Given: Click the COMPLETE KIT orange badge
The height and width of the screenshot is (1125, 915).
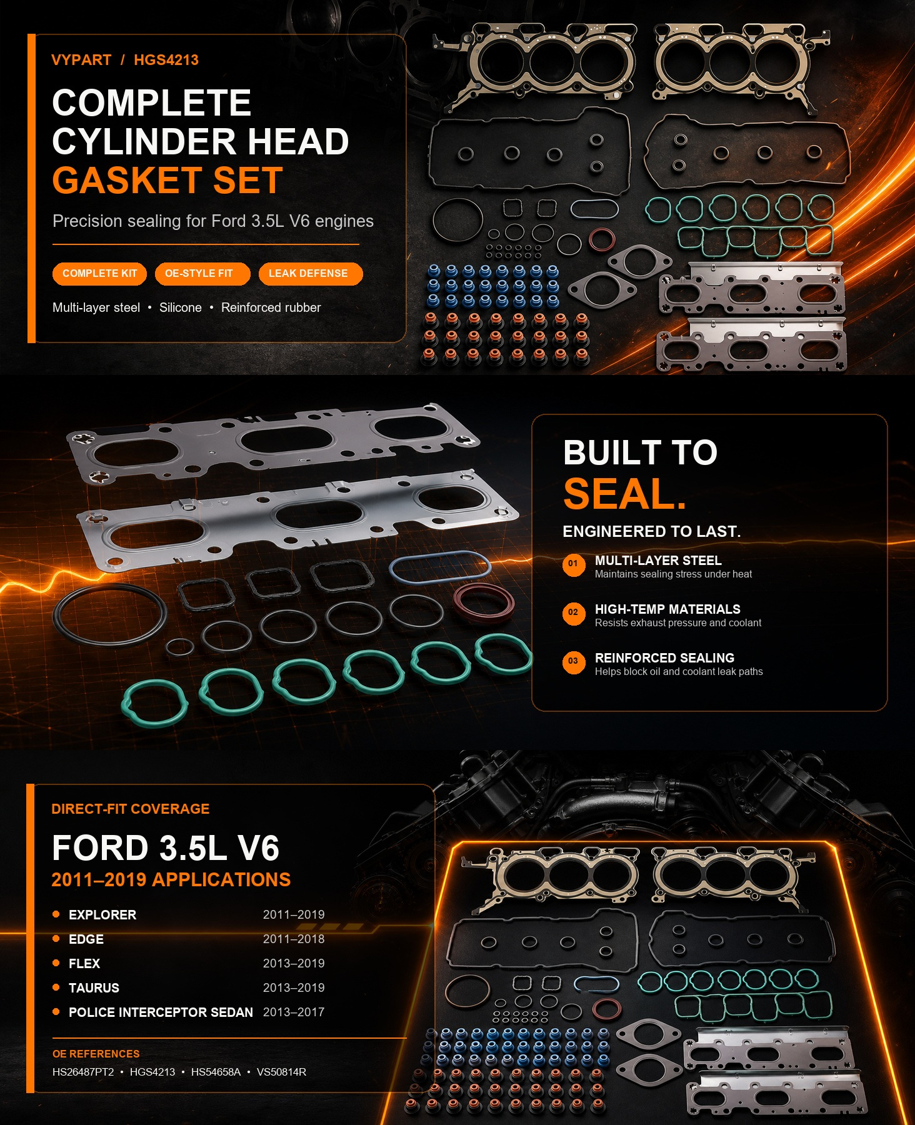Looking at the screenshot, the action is pyautogui.click(x=99, y=274).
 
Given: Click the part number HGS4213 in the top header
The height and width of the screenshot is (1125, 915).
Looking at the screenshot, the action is pyautogui.click(x=166, y=60).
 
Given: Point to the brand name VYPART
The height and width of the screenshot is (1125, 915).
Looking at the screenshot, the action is pyautogui.click(x=81, y=60).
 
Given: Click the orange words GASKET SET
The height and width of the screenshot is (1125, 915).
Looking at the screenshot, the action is pyautogui.click(x=167, y=181).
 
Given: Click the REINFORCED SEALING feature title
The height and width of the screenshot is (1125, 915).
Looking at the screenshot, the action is pyautogui.click(x=664, y=658).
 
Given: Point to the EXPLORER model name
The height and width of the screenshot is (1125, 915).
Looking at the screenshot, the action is pyautogui.click(x=102, y=915).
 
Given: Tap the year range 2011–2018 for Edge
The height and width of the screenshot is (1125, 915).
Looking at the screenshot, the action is pyautogui.click(x=294, y=939).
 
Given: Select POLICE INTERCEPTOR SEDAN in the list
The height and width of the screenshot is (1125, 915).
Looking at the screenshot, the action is pyautogui.click(x=161, y=1012).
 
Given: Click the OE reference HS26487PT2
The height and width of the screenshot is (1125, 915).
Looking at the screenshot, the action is pyautogui.click(x=83, y=1072).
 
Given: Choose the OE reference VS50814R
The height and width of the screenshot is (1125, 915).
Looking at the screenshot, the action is pyautogui.click(x=281, y=1072).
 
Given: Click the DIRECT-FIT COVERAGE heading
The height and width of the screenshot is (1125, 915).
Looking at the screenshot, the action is pyautogui.click(x=131, y=809).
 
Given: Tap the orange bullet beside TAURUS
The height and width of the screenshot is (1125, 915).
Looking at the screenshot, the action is pyautogui.click(x=56, y=987).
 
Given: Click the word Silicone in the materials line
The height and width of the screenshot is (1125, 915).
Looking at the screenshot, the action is pyautogui.click(x=181, y=307).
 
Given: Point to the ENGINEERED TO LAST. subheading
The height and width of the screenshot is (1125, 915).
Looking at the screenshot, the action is pyautogui.click(x=652, y=531).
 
